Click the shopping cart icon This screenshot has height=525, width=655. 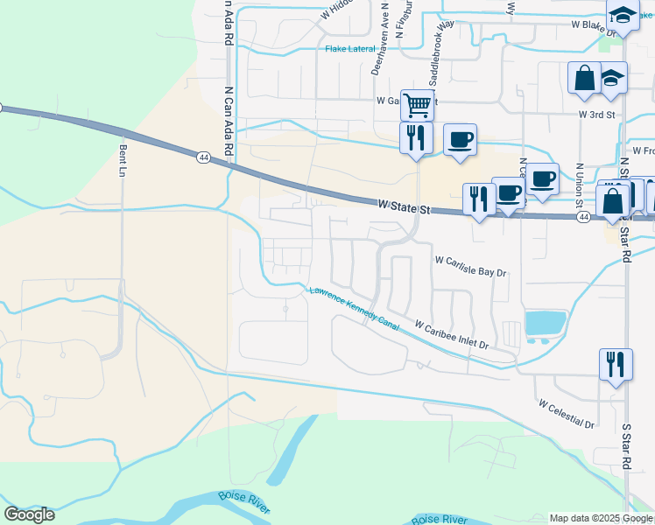[418, 104]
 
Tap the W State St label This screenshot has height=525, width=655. [405, 207]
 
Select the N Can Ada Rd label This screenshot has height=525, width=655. [229, 122]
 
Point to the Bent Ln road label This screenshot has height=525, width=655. [123, 160]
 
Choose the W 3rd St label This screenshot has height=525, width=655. [597, 115]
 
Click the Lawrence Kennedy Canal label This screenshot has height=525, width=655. [354, 309]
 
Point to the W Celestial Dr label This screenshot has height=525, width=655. [567, 415]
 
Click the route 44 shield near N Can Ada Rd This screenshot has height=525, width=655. [203, 157]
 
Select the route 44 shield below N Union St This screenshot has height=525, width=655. [583, 217]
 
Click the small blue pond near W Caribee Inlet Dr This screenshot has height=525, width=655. [544, 323]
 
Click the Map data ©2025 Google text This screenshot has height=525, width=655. [601, 518]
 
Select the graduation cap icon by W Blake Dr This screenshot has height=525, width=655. [623, 15]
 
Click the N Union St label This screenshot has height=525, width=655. [579, 185]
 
